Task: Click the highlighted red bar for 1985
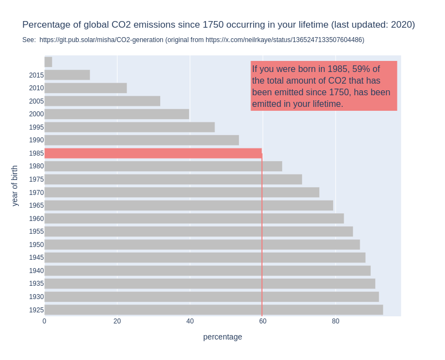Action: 154,153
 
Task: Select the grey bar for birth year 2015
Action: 67,75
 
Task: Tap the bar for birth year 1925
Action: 214,310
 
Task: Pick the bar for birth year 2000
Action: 117,114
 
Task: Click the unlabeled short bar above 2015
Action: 48,62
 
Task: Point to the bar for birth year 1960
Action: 194,218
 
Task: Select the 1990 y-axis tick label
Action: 37,140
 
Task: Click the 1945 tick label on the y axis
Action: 37,258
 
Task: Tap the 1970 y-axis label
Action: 37,193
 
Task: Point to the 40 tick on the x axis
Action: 190,321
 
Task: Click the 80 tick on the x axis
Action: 335,321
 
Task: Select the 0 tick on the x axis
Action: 44,321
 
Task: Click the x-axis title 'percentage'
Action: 223,337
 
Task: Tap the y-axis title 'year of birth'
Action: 14,186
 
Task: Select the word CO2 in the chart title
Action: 121,25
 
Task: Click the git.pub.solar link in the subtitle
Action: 101,40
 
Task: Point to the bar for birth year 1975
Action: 173,179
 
